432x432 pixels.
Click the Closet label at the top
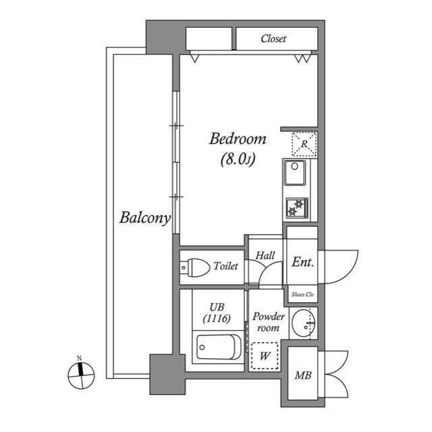(x=273, y=38)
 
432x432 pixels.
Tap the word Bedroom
(x=238, y=140)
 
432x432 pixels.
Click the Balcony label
(x=144, y=218)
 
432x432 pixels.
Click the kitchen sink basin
(x=294, y=173)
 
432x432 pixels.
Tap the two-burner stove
(x=296, y=209)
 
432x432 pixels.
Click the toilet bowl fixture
(x=195, y=267)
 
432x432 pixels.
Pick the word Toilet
(x=225, y=267)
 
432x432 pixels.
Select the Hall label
(x=264, y=256)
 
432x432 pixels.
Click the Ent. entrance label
(x=302, y=263)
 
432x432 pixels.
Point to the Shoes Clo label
(x=302, y=294)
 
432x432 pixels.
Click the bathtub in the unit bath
(x=218, y=348)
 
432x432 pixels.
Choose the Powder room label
(x=269, y=322)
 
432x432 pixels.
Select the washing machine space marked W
(x=265, y=355)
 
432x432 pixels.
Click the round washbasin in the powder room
(x=304, y=325)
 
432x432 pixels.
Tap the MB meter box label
(x=302, y=375)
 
